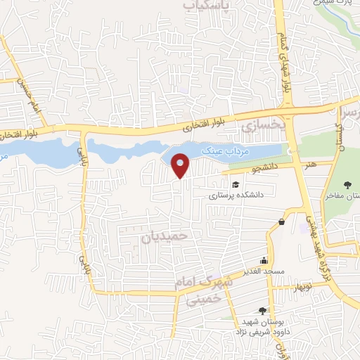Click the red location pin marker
tap(181, 165)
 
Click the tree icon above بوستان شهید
tap(262, 310)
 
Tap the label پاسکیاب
tap(212, 7)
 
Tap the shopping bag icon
tap(281, 222)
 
